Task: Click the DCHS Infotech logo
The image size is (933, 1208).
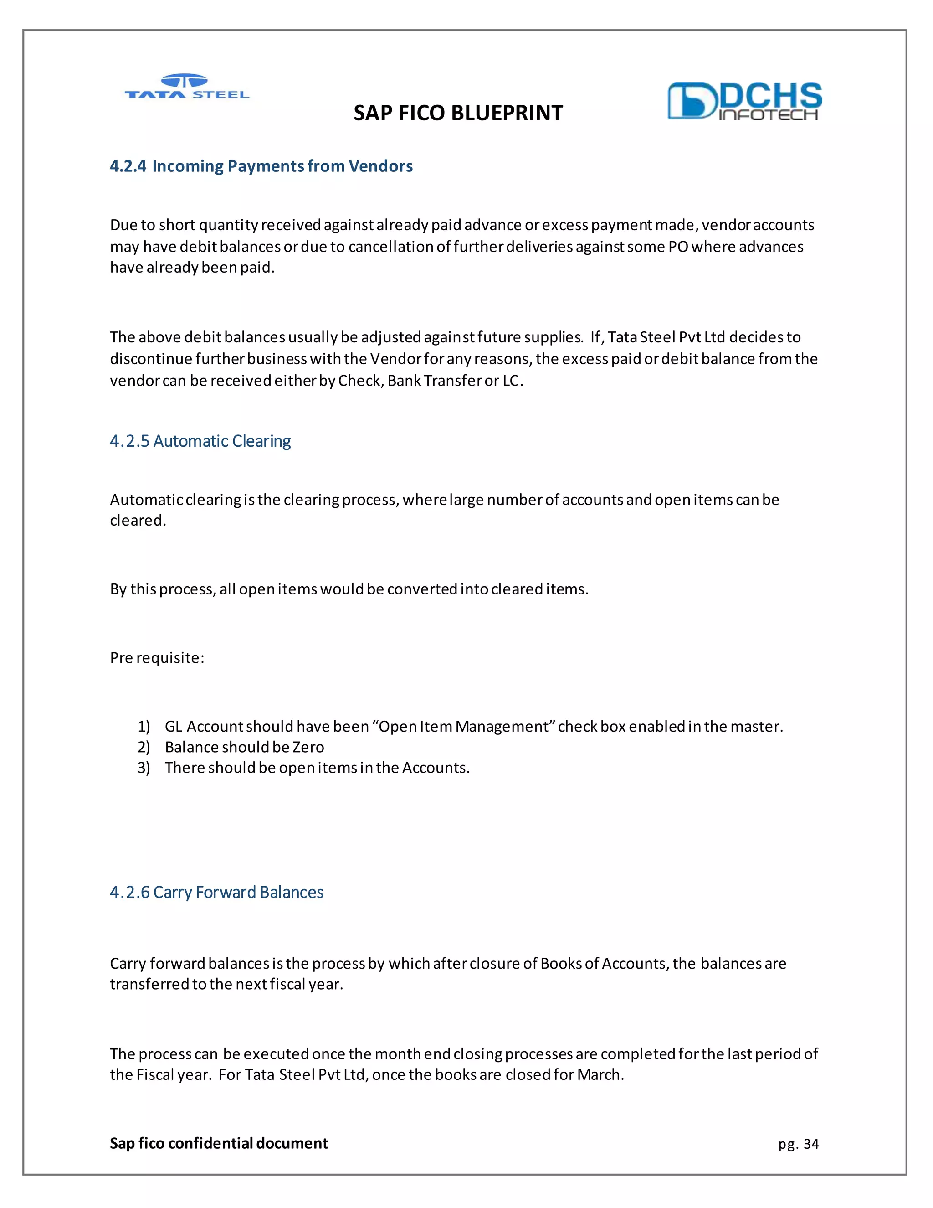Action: (744, 101)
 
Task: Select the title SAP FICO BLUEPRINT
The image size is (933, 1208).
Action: (458, 113)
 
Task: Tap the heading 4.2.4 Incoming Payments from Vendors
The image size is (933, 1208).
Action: (261, 166)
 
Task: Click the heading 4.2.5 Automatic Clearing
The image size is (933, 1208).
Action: (200, 441)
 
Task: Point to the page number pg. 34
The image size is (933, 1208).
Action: (798, 1144)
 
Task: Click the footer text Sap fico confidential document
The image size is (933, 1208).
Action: (218, 1143)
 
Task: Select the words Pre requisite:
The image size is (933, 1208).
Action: (157, 658)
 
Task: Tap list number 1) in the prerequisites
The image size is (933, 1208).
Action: (144, 726)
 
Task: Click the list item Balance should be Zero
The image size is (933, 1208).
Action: (244, 747)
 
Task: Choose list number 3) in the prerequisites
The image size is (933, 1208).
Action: (144, 768)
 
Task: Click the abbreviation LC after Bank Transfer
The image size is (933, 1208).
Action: (511, 381)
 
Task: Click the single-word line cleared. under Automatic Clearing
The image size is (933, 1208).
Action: (138, 521)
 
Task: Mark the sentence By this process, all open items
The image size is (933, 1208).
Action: (349, 589)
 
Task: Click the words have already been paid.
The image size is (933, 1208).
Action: (192, 268)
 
